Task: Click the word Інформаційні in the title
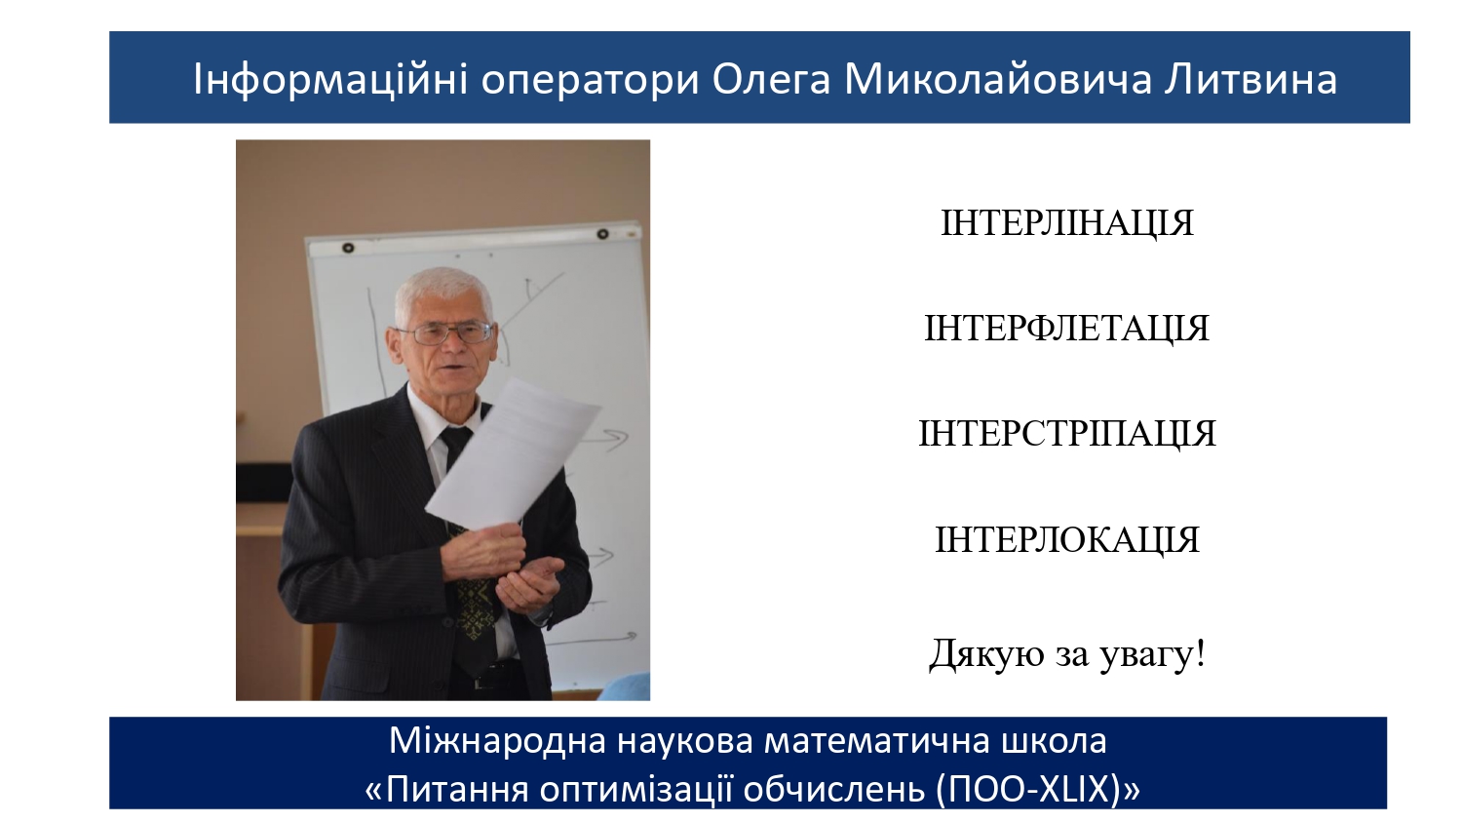click(330, 80)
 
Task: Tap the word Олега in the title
click(772, 80)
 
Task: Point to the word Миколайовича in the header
click(999, 80)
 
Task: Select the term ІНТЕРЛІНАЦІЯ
click(1067, 223)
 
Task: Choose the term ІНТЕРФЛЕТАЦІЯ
click(1066, 329)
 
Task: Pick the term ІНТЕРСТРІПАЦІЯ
click(1067, 434)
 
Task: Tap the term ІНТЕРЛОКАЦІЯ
click(1067, 540)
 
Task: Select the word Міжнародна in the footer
click(498, 741)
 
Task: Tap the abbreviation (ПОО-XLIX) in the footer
click(1030, 789)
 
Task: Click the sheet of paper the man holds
click(513, 454)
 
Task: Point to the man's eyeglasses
click(445, 333)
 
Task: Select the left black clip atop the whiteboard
click(348, 248)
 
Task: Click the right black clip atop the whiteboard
click(603, 233)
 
